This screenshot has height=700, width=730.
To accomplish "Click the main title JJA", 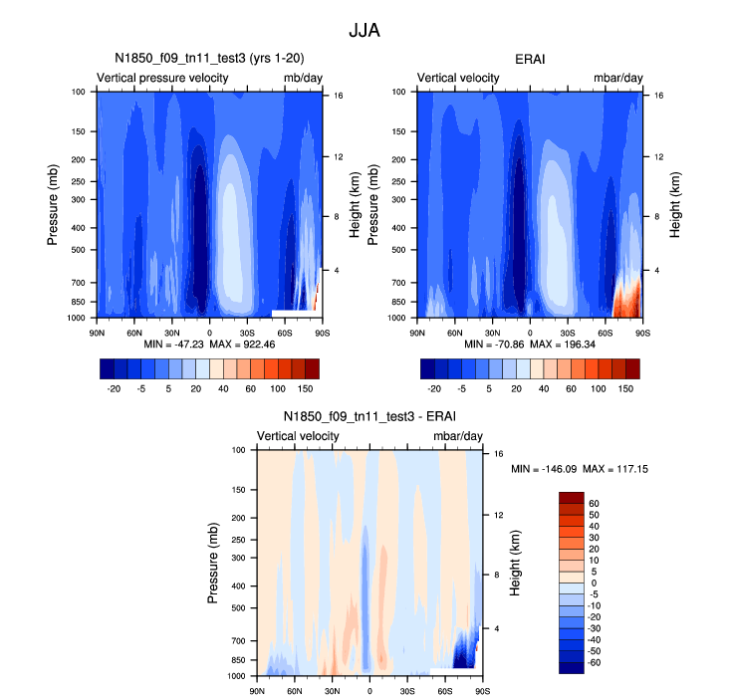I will [x=365, y=31].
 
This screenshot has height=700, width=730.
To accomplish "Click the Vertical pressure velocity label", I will [x=162, y=78].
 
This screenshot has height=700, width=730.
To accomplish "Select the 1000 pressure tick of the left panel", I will [x=81, y=318].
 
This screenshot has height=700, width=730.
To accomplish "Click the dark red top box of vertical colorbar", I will [x=575, y=497].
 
